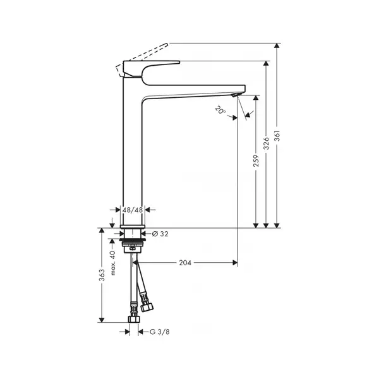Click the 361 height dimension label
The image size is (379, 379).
click(x=277, y=136)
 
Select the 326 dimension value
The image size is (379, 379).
click(x=266, y=143)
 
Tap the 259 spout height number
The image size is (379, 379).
click(x=256, y=160)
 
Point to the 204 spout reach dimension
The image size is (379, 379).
click(x=185, y=263)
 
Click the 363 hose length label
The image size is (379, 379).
click(x=102, y=275)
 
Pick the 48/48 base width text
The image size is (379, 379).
click(x=133, y=210)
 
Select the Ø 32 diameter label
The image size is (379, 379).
click(x=160, y=234)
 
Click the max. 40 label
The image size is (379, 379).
click(x=112, y=263)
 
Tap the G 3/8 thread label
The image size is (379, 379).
click(x=160, y=332)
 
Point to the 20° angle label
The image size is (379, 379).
click(x=220, y=111)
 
